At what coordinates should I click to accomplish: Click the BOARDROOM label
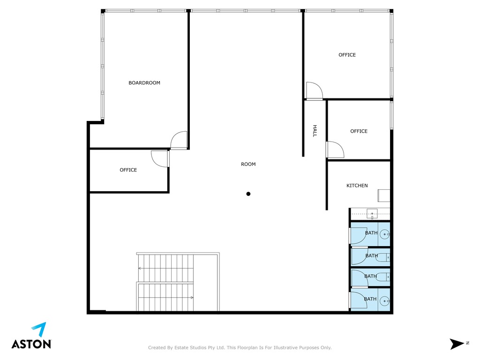(144, 82)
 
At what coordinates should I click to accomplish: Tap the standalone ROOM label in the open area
(248, 164)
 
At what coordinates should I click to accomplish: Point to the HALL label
(315, 131)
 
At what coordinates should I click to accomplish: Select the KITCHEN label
(357, 186)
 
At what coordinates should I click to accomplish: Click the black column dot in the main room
(248, 194)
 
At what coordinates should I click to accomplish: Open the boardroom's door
(179, 140)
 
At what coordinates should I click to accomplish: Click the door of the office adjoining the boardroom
(160, 159)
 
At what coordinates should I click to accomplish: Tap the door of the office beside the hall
(335, 150)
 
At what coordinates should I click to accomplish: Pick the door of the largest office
(315, 90)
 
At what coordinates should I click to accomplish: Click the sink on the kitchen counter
(372, 214)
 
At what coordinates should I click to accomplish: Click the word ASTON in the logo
(31, 344)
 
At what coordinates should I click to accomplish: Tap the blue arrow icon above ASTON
(39, 330)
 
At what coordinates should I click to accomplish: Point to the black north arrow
(457, 344)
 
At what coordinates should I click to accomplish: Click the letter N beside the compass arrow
(467, 343)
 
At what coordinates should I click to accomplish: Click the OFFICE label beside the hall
(359, 131)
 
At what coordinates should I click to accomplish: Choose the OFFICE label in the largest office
(347, 55)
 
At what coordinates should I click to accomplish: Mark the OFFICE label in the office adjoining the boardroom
(128, 170)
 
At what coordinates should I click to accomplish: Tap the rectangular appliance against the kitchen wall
(384, 195)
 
